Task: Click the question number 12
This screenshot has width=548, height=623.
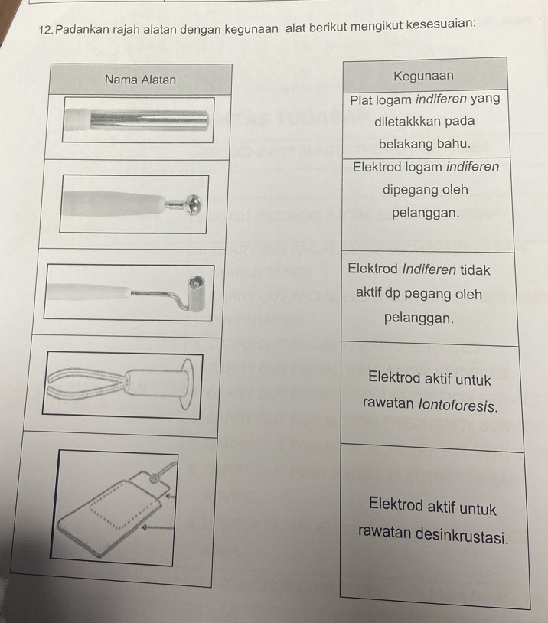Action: [x=45, y=30]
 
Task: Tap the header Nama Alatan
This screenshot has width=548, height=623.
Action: [x=140, y=80]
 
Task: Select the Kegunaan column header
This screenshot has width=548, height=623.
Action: [x=423, y=76]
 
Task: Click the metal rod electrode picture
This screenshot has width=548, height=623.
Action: [x=136, y=119]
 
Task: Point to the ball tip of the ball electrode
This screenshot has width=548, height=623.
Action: [x=194, y=205]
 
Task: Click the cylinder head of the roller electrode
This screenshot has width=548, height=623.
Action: [x=197, y=293]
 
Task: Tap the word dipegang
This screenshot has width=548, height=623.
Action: [x=406, y=190]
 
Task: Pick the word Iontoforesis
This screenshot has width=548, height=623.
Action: [x=458, y=406]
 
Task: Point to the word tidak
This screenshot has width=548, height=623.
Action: [x=475, y=270]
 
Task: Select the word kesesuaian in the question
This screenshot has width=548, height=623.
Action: [x=441, y=24]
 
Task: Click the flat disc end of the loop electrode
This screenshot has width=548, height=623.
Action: [x=188, y=383]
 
